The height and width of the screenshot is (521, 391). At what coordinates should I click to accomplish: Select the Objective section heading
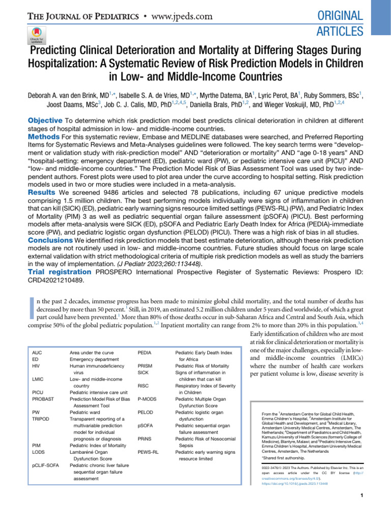tap(45, 120)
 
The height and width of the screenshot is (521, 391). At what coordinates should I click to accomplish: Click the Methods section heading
tap(44, 137)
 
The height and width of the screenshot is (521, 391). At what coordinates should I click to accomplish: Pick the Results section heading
tap(41, 180)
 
